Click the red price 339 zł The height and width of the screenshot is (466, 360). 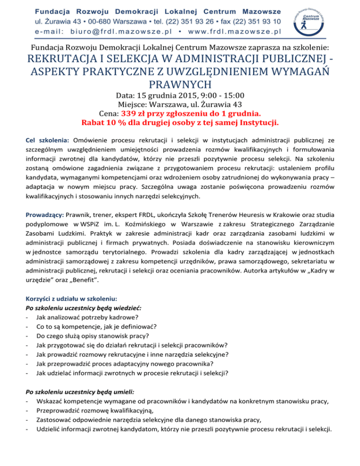coord(137,114)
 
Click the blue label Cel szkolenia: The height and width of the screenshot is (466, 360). coord(48,140)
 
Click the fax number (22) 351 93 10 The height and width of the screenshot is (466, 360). coord(258,21)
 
